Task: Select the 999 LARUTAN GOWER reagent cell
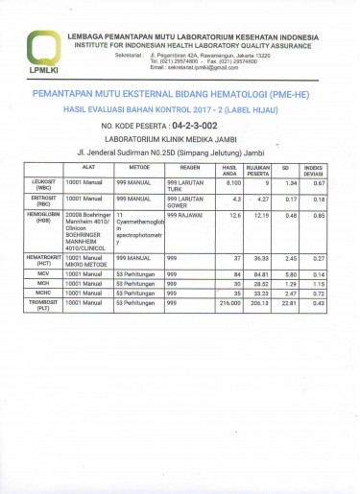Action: pyautogui.click(x=186, y=202)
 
